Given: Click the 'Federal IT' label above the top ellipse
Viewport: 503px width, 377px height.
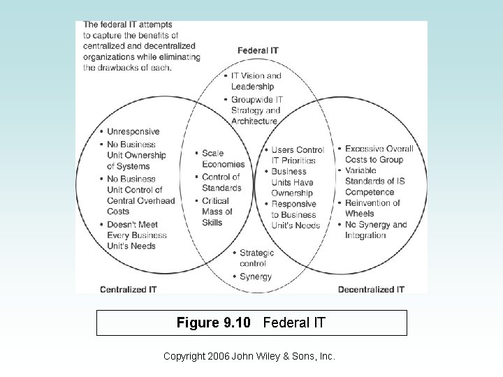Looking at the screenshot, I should point(258,50).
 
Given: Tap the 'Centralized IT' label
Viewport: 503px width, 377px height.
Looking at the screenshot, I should point(128,289).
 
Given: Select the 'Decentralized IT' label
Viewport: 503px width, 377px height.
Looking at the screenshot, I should point(371,289).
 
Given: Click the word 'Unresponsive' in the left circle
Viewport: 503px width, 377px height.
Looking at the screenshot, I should point(133,131).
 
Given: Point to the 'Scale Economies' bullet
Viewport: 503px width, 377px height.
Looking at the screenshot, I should point(223,158).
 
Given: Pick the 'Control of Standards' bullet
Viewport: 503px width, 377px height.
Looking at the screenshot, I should point(222,182).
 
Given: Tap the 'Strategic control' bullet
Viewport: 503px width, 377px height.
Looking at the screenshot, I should point(256,258).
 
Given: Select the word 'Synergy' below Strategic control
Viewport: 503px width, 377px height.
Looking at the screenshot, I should point(255,276).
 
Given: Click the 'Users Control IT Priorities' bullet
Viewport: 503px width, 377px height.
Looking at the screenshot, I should point(296,155).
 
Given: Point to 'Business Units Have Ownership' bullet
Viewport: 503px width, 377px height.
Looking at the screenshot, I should point(292,182).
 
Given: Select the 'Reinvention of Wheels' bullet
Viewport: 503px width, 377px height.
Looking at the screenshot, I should point(372,208).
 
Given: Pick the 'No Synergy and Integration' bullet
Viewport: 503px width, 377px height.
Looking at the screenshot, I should point(375,230).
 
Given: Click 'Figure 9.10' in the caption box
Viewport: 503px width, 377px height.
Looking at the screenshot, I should point(207,323).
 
